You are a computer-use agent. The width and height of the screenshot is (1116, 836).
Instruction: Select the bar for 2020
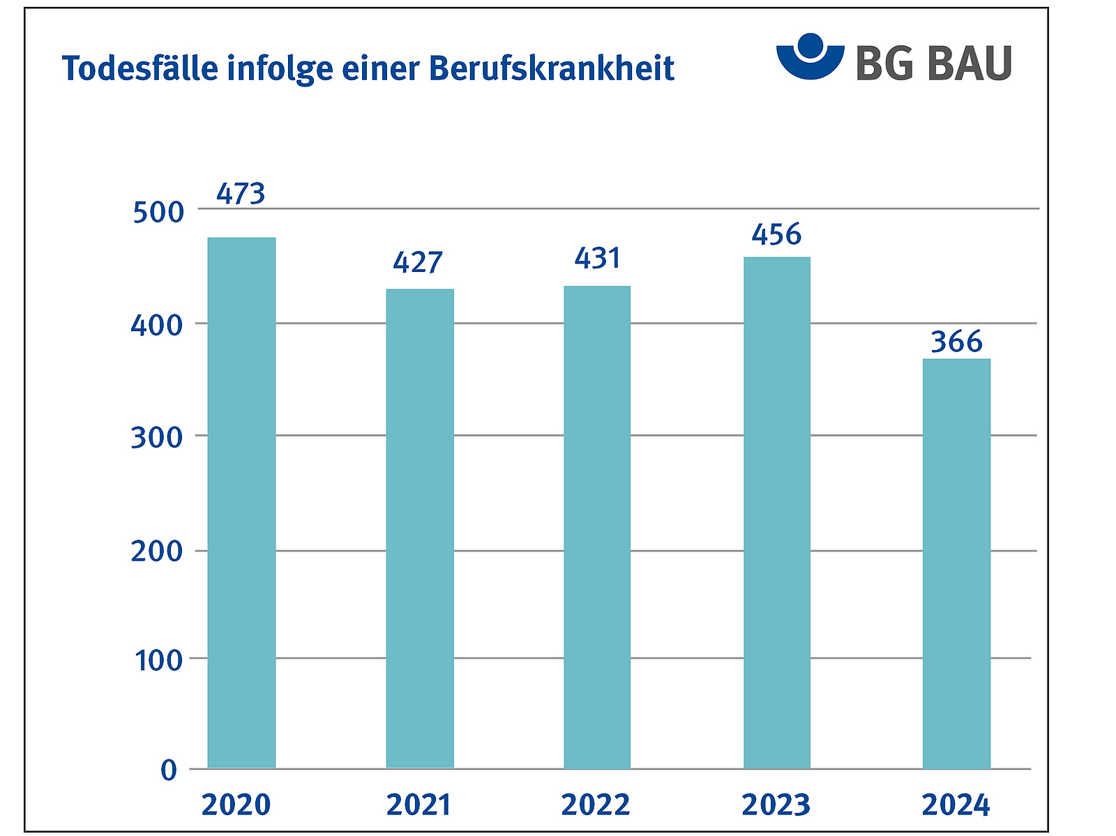tap(241, 502)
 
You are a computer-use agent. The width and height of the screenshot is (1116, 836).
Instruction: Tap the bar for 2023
tap(777, 512)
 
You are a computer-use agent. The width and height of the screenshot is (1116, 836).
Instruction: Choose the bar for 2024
tap(956, 563)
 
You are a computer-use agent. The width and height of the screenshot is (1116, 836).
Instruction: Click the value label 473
tap(241, 194)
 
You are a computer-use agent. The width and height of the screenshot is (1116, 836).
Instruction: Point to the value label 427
tap(418, 262)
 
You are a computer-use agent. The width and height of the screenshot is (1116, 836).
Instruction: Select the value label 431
tap(598, 259)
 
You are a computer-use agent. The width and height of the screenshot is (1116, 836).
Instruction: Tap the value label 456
tap(777, 235)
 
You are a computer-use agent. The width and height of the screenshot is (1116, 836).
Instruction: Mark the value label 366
tap(957, 342)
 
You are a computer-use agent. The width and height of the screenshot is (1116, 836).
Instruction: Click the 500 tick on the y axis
tap(158, 212)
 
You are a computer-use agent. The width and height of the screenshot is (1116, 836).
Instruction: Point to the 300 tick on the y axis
tap(157, 438)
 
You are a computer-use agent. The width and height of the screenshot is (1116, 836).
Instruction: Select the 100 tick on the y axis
tap(158, 660)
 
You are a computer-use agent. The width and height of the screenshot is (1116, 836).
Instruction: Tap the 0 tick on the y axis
tap(169, 770)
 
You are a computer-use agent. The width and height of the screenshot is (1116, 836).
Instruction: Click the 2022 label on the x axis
tap(596, 805)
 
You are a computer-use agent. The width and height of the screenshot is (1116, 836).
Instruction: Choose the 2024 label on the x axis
tap(956, 805)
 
